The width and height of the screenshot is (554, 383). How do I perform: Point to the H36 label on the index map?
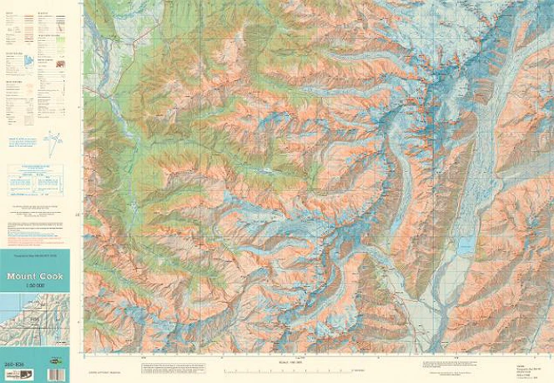point(34,319)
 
